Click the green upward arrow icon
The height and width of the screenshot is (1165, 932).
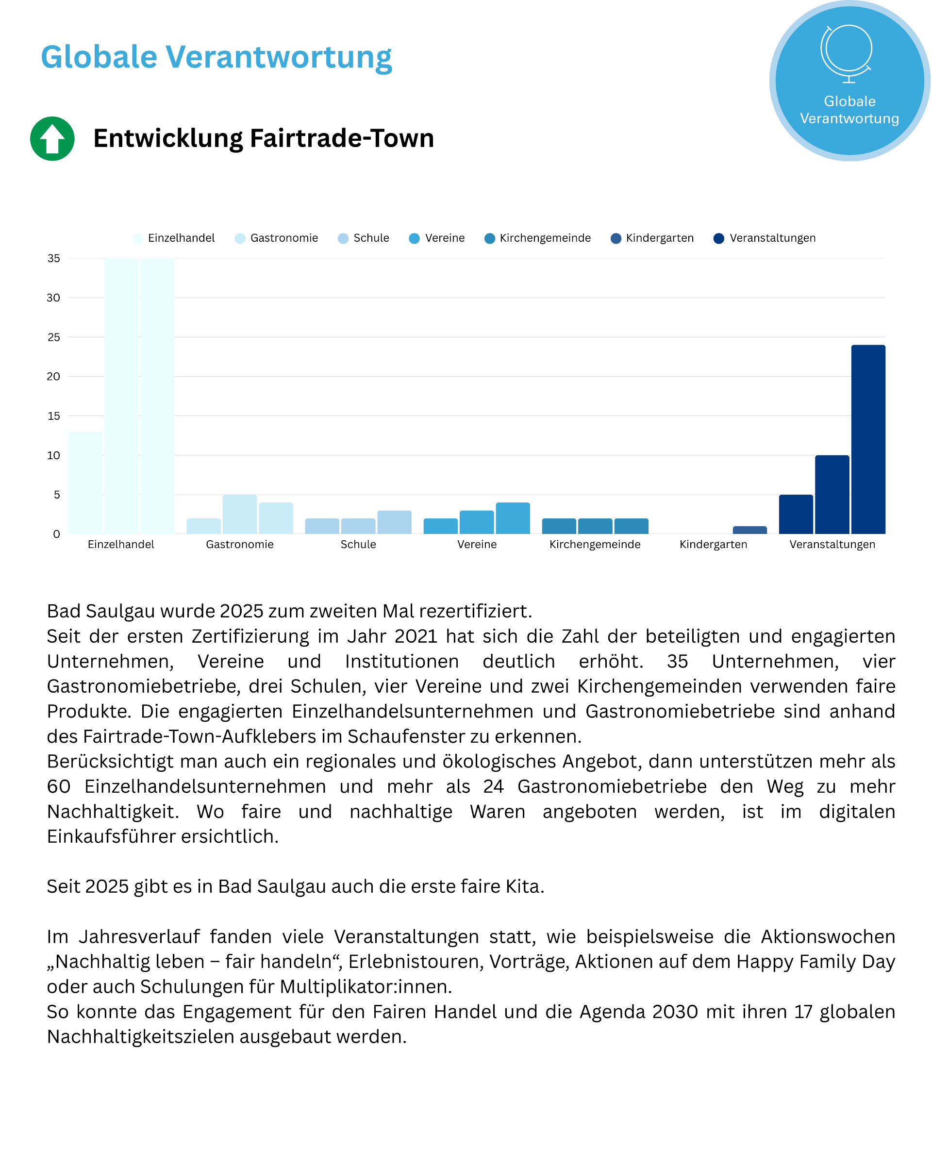point(52,138)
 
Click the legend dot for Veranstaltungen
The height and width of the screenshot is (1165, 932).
point(718,238)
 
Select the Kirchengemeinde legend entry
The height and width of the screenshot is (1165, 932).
point(537,238)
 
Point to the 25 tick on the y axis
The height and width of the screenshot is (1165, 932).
point(53,337)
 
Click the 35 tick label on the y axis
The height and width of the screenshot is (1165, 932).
point(53,258)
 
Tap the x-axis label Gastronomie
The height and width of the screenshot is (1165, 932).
point(239,544)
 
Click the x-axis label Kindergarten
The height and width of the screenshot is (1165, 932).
point(713,544)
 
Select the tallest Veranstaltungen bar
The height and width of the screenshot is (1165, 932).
point(868,439)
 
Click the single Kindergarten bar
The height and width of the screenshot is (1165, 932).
point(749,530)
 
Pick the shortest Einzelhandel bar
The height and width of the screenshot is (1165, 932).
point(85,483)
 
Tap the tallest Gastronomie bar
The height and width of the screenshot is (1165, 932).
point(239,514)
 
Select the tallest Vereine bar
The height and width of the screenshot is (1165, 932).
point(512,517)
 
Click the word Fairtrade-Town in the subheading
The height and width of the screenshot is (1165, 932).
point(341,138)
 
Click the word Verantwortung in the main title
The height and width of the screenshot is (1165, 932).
point(278,57)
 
